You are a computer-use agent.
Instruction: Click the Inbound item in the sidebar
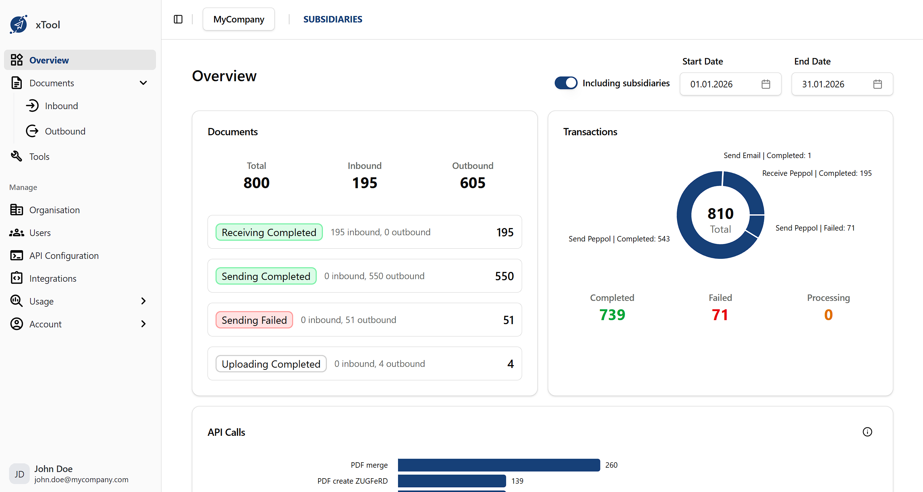tap(61, 106)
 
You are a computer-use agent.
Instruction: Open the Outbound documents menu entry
tap(65, 131)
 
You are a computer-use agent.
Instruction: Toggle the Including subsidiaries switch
tap(566, 83)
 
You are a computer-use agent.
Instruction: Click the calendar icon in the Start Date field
tap(766, 84)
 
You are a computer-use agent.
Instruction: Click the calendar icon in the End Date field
tap(877, 84)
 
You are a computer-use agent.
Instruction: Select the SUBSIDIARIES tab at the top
tap(332, 19)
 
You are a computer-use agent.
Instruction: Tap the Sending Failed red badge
tap(254, 320)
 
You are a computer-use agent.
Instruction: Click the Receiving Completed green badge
tap(269, 232)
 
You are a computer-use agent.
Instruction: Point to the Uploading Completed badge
tap(271, 364)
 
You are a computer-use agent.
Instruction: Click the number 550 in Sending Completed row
tap(504, 276)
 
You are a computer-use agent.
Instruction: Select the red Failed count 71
tap(720, 315)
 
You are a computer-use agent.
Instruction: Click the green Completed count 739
tap(612, 315)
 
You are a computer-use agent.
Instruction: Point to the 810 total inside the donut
tap(721, 214)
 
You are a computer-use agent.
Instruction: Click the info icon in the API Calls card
tap(867, 432)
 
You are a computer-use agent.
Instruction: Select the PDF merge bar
tap(499, 465)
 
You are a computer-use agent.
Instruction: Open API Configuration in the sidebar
tap(64, 256)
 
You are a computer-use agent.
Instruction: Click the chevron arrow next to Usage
tap(143, 301)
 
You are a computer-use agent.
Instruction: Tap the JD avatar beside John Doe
tap(19, 474)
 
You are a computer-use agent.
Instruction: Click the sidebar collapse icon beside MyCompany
tap(178, 19)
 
